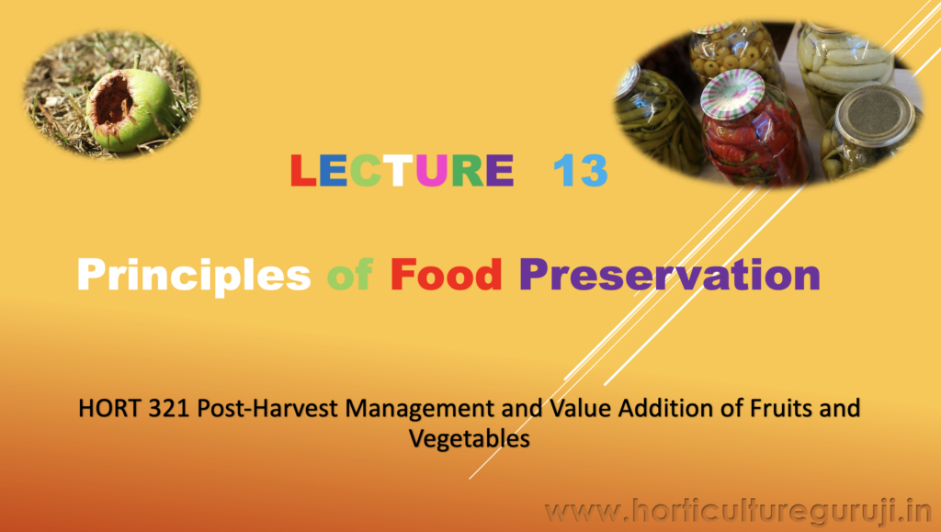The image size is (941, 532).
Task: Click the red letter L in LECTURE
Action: tap(303, 170)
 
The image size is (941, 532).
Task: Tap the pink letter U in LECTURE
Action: tap(432, 170)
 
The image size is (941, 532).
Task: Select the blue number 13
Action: tap(581, 170)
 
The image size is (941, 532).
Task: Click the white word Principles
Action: tap(194, 276)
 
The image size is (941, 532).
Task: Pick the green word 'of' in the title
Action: tap(350, 275)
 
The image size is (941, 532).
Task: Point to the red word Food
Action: tap(446, 275)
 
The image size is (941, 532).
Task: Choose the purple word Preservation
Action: tap(670, 275)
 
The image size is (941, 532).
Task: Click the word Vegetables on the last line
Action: tap(470, 439)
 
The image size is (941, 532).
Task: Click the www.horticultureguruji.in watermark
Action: tap(738, 512)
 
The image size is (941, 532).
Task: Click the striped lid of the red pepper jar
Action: tap(732, 93)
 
